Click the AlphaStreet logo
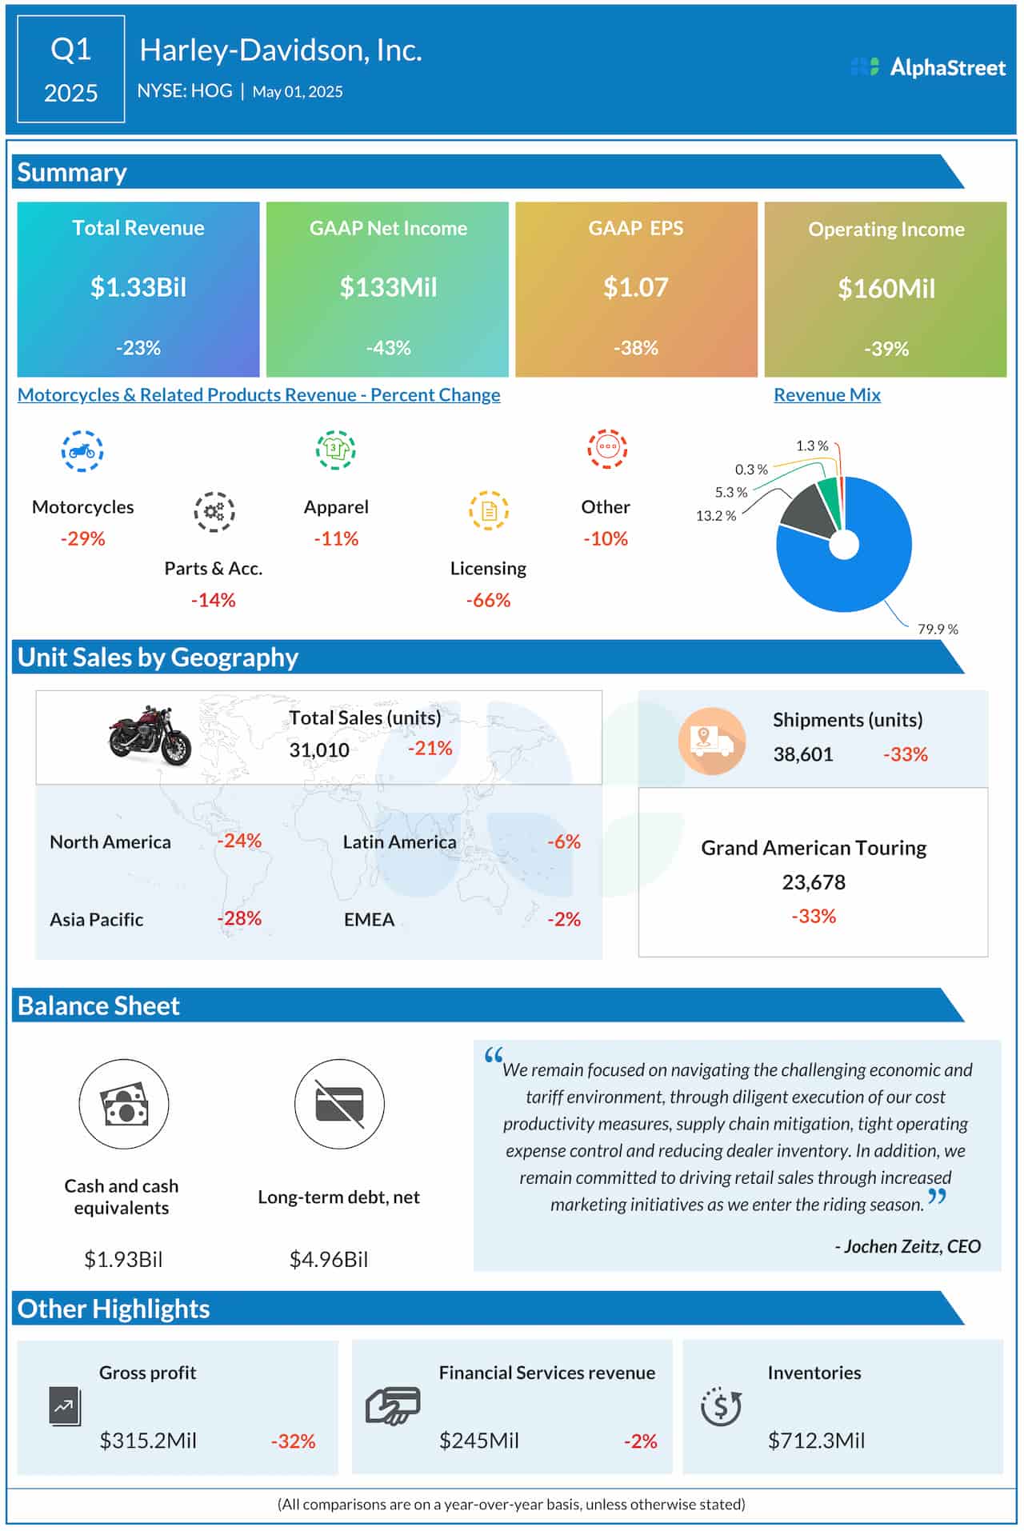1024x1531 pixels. pyautogui.click(x=928, y=68)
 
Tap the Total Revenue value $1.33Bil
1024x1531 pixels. pyautogui.click(x=138, y=287)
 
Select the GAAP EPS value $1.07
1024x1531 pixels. pyautogui.click(x=635, y=287)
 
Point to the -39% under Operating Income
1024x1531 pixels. pyautogui.click(x=886, y=349)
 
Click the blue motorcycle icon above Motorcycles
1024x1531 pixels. pyautogui.click(x=82, y=451)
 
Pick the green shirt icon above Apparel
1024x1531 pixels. pyautogui.click(x=336, y=450)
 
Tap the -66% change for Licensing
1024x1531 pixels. pyautogui.click(x=488, y=600)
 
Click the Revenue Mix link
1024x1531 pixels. pyautogui.click(x=827, y=394)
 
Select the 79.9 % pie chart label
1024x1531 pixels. pyautogui.click(x=938, y=630)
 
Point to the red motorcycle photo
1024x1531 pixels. pyautogui.click(x=150, y=735)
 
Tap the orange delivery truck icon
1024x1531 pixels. pyautogui.click(x=711, y=741)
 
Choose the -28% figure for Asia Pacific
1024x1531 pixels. pyautogui.click(x=239, y=918)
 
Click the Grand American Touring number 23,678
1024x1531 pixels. pyautogui.click(x=814, y=882)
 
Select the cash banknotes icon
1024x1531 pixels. pyautogui.click(x=124, y=1105)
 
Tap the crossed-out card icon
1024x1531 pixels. pyautogui.click(x=339, y=1105)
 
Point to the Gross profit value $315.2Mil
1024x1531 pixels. pyautogui.click(x=148, y=1441)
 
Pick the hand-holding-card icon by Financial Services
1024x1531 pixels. pyautogui.click(x=392, y=1406)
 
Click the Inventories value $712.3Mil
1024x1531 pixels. pyautogui.click(x=816, y=1441)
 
